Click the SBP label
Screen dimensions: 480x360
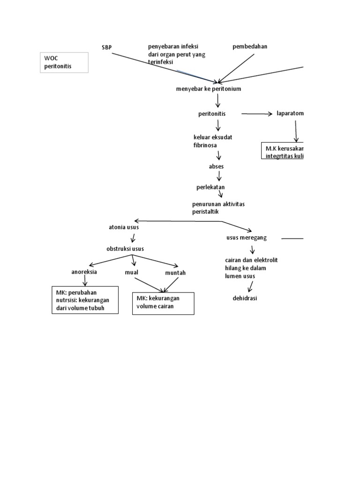point(107,48)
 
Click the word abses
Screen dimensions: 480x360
point(216,166)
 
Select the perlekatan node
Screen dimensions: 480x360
point(210,187)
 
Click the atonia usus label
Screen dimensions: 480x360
point(123,227)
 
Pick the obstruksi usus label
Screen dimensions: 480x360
point(125,248)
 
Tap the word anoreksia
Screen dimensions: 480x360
point(84,272)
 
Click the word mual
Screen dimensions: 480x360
point(131,272)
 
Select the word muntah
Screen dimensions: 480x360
point(175,272)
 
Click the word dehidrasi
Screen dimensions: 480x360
point(245,298)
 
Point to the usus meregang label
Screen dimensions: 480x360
point(247,238)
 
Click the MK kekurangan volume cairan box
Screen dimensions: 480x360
point(163,303)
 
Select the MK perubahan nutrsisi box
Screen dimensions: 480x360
point(85,300)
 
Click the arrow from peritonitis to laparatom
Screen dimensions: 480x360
point(256,114)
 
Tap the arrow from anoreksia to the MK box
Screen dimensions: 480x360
point(84,280)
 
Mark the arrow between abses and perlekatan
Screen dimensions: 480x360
point(219,176)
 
